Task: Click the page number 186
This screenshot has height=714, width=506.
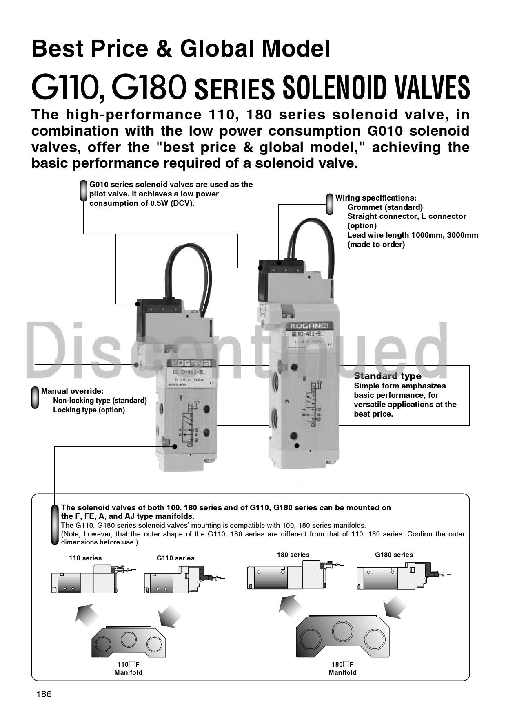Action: (x=44, y=694)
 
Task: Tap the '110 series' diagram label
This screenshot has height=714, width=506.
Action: (x=85, y=558)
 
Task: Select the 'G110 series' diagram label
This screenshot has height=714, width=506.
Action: (x=175, y=558)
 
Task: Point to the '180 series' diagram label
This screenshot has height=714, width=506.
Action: (x=293, y=555)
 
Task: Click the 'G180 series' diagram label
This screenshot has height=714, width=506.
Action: (x=394, y=555)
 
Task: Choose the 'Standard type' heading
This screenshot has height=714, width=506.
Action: (x=387, y=376)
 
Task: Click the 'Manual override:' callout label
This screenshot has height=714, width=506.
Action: (x=72, y=391)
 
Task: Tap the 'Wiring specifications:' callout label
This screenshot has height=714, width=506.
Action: (x=376, y=198)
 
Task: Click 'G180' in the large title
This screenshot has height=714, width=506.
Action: (x=149, y=87)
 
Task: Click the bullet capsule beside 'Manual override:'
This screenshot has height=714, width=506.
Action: (x=35, y=397)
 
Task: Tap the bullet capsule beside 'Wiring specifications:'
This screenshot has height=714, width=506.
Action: (x=330, y=204)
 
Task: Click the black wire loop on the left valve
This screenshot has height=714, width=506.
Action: (x=188, y=269)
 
